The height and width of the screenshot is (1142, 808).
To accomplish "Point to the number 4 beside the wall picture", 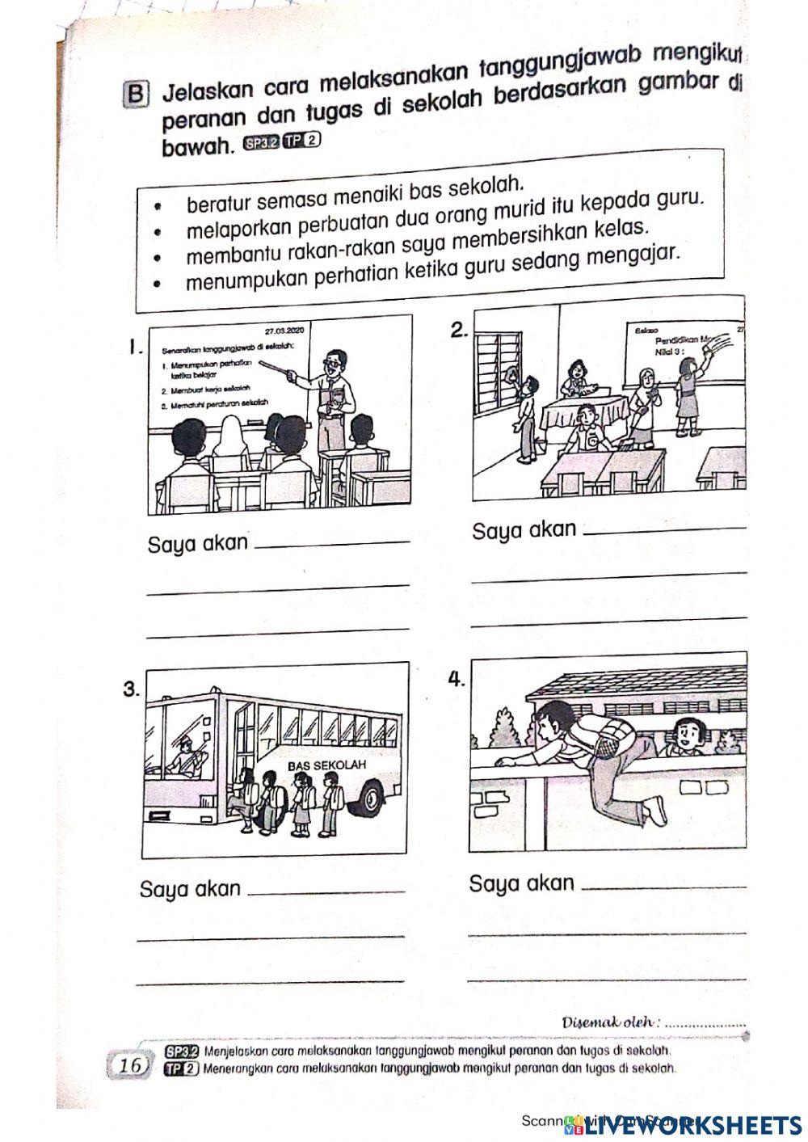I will [x=457, y=679].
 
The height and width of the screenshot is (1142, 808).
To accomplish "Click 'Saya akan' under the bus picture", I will [x=191, y=889].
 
